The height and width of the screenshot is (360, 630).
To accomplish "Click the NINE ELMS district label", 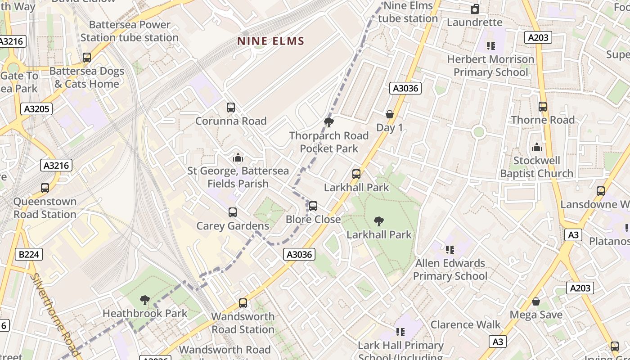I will point(271,41).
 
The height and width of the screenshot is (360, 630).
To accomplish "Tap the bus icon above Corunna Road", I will point(231,108).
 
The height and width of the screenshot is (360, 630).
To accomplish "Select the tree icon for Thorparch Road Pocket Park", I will point(329,122).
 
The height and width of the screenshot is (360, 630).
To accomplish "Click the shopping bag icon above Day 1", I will point(390,114).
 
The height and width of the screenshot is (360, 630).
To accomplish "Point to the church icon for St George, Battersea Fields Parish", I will point(238,157).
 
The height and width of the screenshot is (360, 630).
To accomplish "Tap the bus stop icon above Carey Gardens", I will point(233,212).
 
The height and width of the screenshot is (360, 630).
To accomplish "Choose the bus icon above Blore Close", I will point(313,206).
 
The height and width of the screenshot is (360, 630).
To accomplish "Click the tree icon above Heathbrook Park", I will point(145,300).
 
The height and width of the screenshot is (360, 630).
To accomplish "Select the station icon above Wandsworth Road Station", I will point(243,303).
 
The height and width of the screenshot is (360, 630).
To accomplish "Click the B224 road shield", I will point(29,254).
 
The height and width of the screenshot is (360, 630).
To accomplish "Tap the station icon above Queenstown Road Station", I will point(45,188).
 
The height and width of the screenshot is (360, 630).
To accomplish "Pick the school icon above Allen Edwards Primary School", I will point(450,250).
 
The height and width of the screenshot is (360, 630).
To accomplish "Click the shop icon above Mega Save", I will point(536,301).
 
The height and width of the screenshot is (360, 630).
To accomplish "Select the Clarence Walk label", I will point(465,324).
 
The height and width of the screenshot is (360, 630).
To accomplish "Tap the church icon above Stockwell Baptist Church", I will point(536,147).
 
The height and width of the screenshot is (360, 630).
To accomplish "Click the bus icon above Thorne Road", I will point(543,107).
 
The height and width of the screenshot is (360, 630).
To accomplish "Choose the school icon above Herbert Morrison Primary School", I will point(490,45).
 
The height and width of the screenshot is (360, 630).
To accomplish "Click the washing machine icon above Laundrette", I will point(475,9).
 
